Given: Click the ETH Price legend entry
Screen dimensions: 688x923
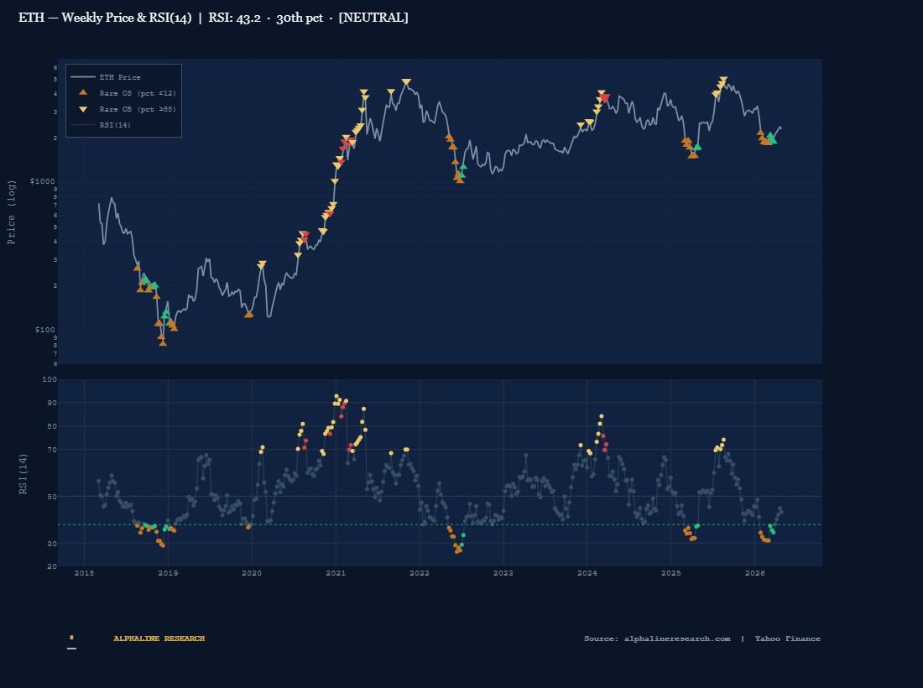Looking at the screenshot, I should (x=119, y=77).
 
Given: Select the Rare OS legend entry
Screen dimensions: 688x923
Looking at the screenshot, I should (x=137, y=93).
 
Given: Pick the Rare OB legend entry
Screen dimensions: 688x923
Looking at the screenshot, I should (x=137, y=109).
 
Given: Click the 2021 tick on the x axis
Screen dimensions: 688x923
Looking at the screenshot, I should (x=336, y=573).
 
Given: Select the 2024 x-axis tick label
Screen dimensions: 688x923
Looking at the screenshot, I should (x=587, y=573).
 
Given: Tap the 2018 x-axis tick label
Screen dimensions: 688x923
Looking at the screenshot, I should (x=84, y=573).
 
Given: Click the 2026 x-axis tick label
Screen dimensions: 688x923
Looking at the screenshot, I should (x=755, y=573).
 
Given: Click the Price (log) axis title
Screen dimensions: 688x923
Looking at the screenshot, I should (x=12, y=211).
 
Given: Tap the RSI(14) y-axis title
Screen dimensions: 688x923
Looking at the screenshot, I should (x=24, y=473).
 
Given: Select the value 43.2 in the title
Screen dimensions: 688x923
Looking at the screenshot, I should (x=244, y=18).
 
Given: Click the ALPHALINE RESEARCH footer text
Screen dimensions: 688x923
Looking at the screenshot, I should (x=159, y=638).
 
